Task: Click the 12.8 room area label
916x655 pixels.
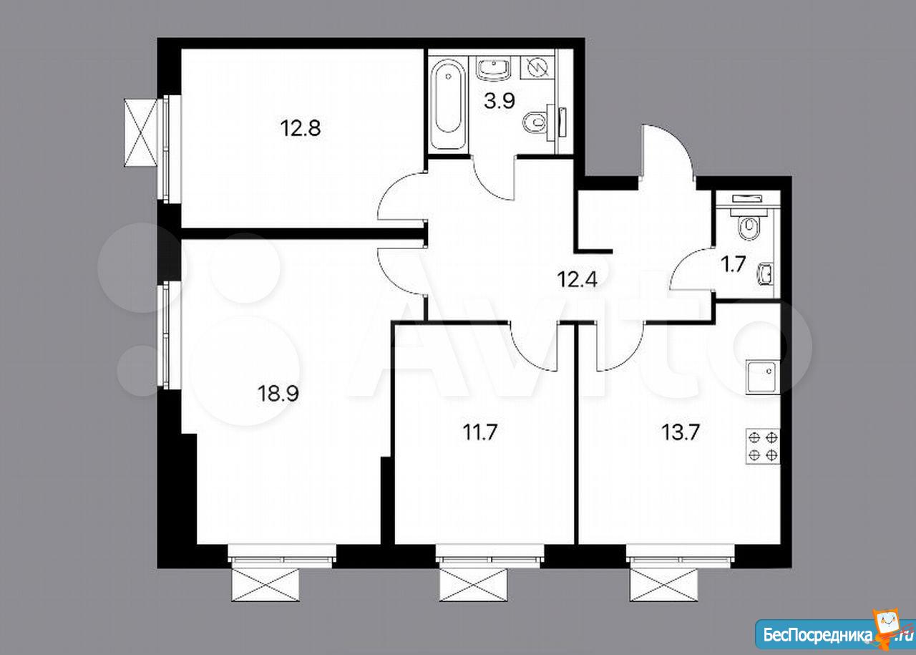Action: point(301,128)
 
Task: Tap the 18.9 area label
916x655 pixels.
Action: point(278,394)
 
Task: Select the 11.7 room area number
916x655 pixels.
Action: point(480,432)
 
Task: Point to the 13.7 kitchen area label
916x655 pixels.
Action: point(681,432)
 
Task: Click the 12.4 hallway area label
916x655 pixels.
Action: point(577,280)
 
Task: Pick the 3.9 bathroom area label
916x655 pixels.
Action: point(500,101)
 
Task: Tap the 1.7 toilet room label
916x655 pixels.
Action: point(734,264)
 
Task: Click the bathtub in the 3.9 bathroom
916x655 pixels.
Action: point(448,105)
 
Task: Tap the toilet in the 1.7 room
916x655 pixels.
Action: point(749,223)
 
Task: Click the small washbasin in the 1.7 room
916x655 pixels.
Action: point(766,274)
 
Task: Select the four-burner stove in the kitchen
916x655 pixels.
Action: point(763,446)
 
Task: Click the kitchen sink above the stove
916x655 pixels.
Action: point(763,377)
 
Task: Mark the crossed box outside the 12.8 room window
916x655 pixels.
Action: point(140,132)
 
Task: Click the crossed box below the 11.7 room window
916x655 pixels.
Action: point(474,585)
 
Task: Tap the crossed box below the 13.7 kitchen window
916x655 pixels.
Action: point(663,585)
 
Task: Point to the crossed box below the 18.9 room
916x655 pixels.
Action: point(265,585)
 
